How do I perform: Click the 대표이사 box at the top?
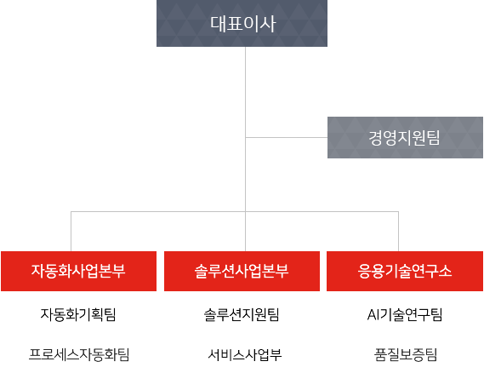coord(242,23)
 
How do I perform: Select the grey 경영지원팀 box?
coord(405,137)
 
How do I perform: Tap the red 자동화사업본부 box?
coord(79,271)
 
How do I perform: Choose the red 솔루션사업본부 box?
coord(242,271)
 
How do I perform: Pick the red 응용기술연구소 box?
coord(405,271)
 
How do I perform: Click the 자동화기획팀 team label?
coord(78,314)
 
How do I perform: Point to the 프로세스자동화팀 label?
coord(79,354)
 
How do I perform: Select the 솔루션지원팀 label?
coord(242,314)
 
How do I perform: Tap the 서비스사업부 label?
coord(244,354)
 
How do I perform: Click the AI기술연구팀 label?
coord(405,314)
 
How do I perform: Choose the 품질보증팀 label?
coord(406,354)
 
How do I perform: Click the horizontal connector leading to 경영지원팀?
coord(287,137)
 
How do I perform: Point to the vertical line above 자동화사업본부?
coord(71,232)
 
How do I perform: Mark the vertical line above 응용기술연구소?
coord(398,232)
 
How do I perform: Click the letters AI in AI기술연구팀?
coord(372,315)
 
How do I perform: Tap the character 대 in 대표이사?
coord(218,23)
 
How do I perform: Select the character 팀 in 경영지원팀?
coord(433,137)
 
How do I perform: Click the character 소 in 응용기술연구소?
coord(445,271)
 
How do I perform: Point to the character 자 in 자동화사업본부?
coord(38,271)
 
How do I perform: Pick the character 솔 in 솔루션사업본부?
coord(201,272)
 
